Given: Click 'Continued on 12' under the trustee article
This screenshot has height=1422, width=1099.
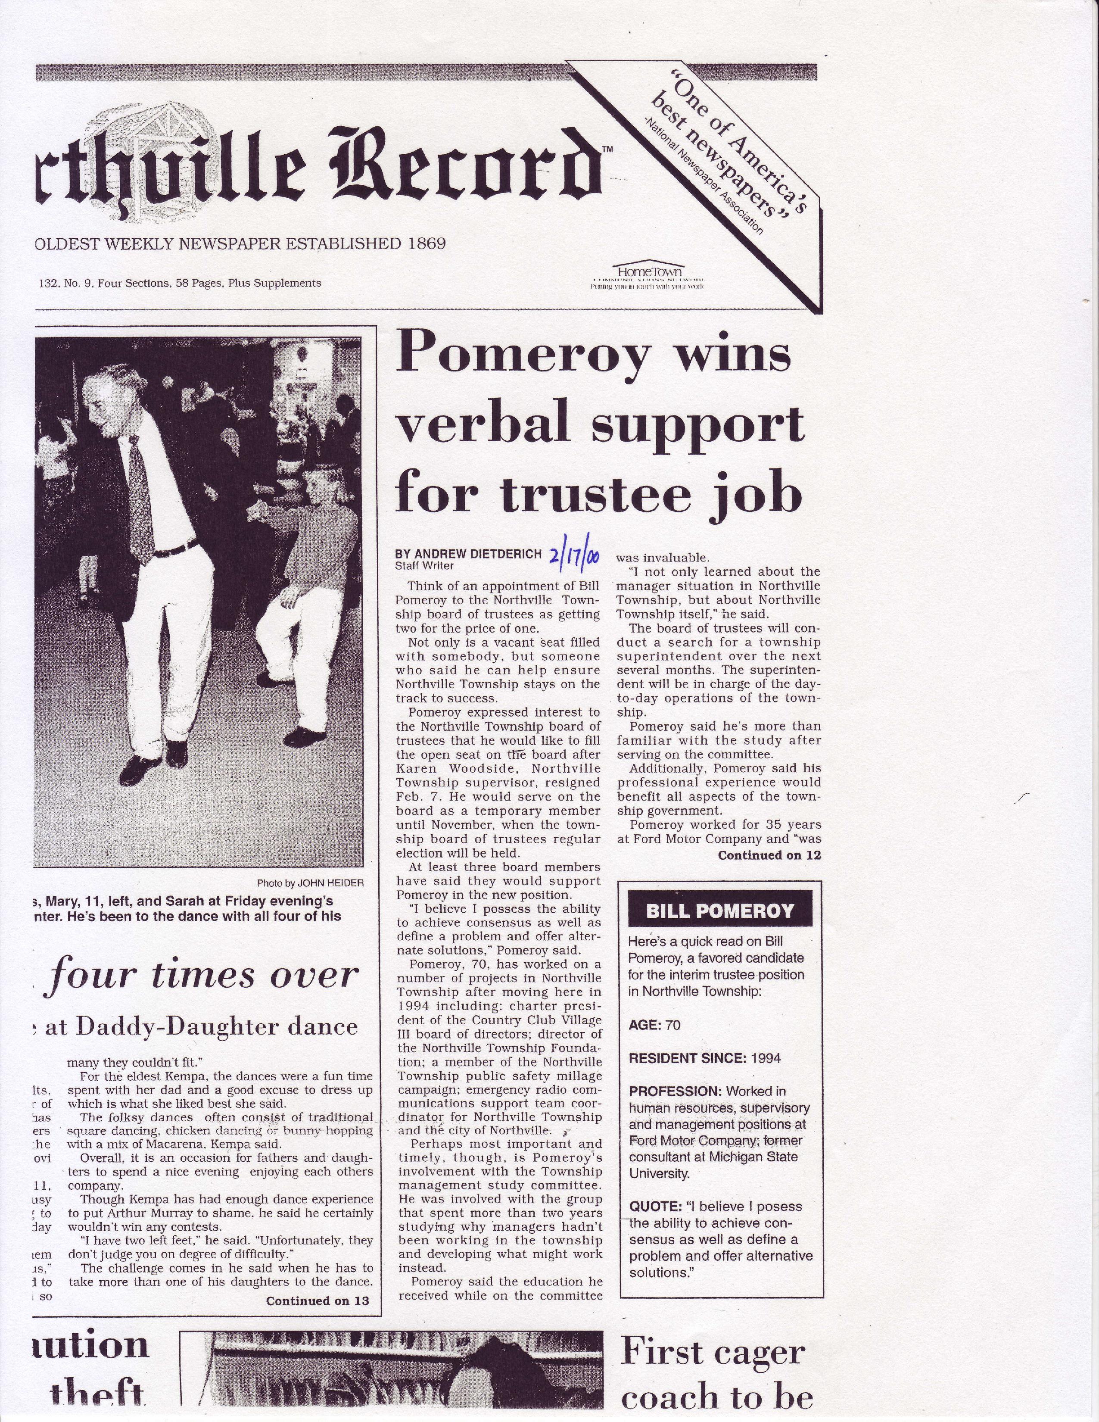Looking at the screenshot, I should pos(769,855).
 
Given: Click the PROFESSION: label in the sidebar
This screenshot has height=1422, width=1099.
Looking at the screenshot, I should pos(676,1091).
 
